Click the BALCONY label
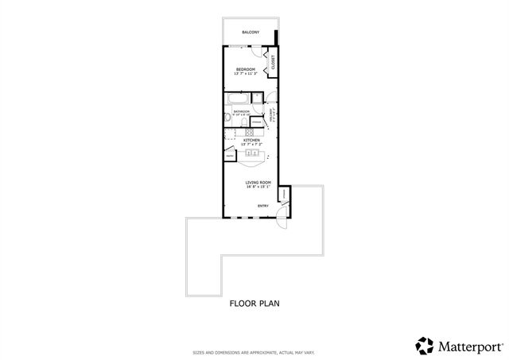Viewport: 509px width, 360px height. [250, 33]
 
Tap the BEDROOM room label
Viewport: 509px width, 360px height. [244, 69]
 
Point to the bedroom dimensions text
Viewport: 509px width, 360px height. [244, 74]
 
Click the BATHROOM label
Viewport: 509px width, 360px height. [242, 111]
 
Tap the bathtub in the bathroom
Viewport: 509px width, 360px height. [239, 99]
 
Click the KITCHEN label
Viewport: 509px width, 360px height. [251, 140]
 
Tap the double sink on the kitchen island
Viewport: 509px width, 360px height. [252, 153]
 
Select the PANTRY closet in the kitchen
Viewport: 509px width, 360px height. [229, 157]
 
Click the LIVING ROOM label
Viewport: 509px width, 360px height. [258, 183]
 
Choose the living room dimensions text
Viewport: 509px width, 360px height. [258, 188]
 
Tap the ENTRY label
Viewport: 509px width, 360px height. [262, 206]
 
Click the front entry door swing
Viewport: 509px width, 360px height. [280, 223]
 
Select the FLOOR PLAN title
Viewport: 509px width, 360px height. [254, 303]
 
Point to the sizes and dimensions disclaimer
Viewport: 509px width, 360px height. [254, 352]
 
